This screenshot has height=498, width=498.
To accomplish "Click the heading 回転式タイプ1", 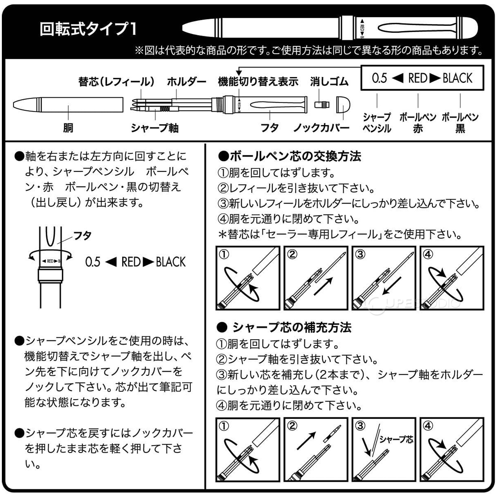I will click(x=88, y=29).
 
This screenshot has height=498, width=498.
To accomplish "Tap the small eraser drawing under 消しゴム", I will click(x=322, y=104).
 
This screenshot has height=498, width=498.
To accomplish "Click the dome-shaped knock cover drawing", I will click(x=343, y=105).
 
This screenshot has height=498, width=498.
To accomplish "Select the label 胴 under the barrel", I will click(x=68, y=128).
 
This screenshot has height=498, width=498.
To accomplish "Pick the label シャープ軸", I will click(x=155, y=128).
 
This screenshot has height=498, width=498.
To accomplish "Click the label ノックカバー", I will click(x=321, y=128).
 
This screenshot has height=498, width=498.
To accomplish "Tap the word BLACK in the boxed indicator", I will click(x=457, y=78).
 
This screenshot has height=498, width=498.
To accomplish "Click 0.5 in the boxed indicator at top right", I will click(x=379, y=78).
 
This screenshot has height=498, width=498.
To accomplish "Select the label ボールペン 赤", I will click(x=418, y=122).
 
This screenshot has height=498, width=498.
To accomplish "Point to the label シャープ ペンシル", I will click(x=377, y=122).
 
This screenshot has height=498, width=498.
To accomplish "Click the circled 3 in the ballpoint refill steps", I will click(x=360, y=254).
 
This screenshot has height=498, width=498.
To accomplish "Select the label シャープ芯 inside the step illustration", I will click(x=396, y=439).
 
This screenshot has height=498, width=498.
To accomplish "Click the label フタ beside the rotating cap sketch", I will click(x=82, y=235).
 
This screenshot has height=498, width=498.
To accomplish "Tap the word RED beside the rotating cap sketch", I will click(x=131, y=262).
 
